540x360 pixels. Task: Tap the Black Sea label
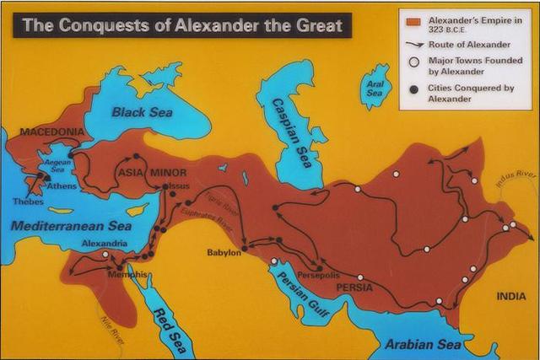pyautogui.click(x=141, y=111)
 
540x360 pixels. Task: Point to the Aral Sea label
pyautogui.click(x=374, y=88)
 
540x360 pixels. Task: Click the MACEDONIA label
pyautogui.click(x=51, y=132)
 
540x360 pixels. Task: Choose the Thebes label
pyautogui.click(x=27, y=201)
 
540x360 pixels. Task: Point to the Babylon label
pyautogui.click(x=224, y=252)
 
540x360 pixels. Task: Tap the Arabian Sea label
pyautogui.click(x=423, y=345)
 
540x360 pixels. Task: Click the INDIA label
pyautogui.click(x=511, y=296)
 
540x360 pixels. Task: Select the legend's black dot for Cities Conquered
pyautogui.click(x=413, y=89)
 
